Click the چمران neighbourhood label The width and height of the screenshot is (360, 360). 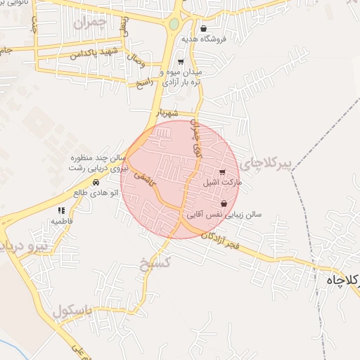[x=94, y=22]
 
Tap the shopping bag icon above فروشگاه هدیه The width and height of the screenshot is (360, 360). [x=203, y=29]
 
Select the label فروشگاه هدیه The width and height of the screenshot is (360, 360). [x=205, y=39]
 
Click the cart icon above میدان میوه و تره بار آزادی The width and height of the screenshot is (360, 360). [x=181, y=62]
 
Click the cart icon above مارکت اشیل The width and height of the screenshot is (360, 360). [x=223, y=172]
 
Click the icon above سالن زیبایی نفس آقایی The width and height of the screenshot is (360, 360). [x=224, y=204]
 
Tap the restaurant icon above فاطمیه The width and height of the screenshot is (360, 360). [x=61, y=210]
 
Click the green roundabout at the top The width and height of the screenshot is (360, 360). [x=174, y=25]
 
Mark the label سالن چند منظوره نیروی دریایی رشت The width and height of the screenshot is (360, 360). [x=99, y=164]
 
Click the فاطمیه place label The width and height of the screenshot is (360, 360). [x=61, y=220]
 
